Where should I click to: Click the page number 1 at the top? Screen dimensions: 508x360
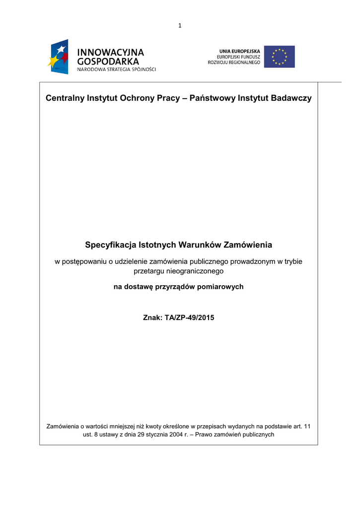tap(180, 26)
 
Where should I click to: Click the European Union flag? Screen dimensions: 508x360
tap(279, 57)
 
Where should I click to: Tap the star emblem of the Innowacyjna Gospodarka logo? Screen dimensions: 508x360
tap(58, 57)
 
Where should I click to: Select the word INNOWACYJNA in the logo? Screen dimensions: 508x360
tap(110, 52)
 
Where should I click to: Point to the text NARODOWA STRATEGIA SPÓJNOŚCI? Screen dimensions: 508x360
tap(116, 69)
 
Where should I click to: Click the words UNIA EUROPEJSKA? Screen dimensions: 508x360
tap(239, 51)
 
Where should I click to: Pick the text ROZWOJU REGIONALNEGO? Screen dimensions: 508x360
tap(234, 63)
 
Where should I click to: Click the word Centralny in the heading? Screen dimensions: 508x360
tap(65, 98)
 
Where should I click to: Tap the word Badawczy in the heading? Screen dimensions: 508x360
tap(291, 98)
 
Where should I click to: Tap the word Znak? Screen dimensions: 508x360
tap(152, 317)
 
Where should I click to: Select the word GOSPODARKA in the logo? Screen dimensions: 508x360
tap(108, 62)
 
